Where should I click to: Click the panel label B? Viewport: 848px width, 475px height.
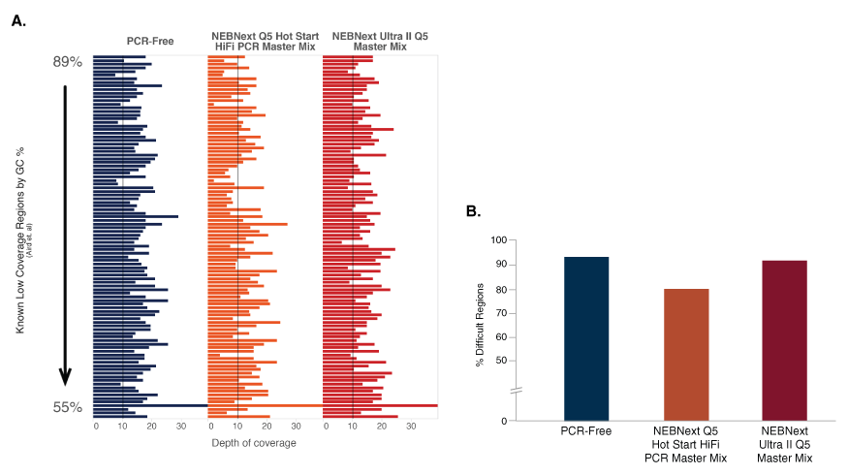click(x=472, y=210)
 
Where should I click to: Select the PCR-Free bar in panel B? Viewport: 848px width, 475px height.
click(x=586, y=338)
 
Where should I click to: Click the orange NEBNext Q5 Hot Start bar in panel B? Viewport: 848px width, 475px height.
click(x=687, y=354)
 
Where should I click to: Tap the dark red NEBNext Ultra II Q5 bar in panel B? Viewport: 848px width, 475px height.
click(x=784, y=340)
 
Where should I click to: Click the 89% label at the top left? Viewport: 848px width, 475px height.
click(x=67, y=61)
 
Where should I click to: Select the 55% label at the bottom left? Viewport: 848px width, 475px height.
click(x=67, y=407)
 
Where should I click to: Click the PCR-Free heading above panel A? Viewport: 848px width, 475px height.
click(x=150, y=40)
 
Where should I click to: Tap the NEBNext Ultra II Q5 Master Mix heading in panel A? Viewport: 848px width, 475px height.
click(x=380, y=40)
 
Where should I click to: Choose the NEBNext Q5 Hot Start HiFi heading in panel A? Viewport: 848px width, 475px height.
click(x=266, y=40)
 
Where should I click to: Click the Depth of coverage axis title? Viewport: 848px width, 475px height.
click(x=254, y=443)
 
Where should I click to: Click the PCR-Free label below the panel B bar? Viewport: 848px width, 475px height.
click(x=586, y=431)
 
